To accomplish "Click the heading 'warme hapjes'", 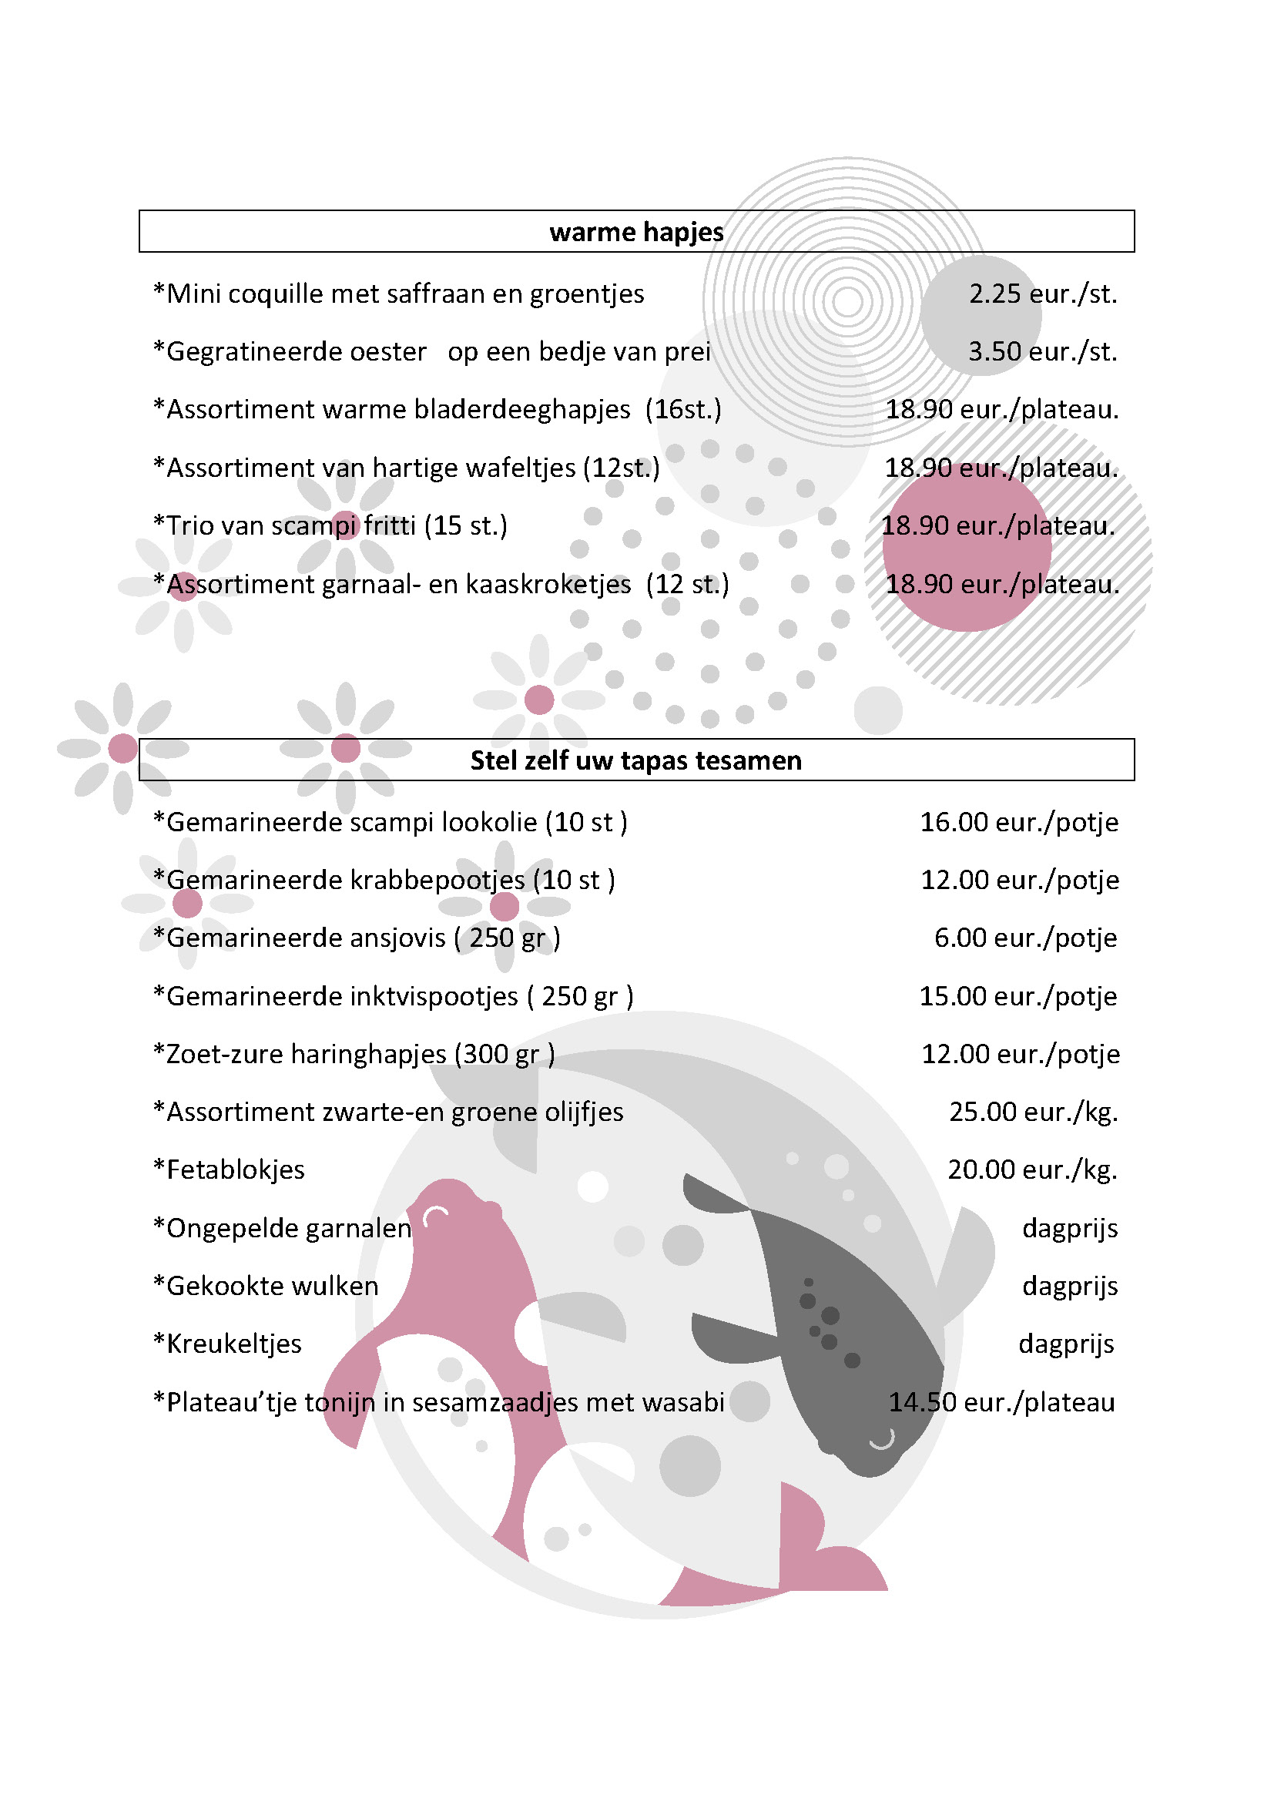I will [636, 232].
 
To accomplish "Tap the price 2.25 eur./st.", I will [1043, 294].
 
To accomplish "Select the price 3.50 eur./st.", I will [1043, 351].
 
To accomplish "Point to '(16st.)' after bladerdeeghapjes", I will [682, 410].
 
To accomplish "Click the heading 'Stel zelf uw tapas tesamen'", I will [636, 760].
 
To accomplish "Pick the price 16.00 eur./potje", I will [1019, 823].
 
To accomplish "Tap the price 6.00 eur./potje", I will [1025, 938].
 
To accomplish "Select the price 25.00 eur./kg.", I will [1033, 1112].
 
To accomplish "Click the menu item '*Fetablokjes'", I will [229, 1170].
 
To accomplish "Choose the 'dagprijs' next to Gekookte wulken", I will [1070, 1286].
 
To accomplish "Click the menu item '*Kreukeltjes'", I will [227, 1344].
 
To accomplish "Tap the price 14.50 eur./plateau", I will [1002, 1401].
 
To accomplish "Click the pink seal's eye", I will [435, 1216].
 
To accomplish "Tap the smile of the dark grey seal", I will [883, 1439].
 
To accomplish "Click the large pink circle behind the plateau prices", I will [967, 549].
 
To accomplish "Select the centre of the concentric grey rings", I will [847, 301].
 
